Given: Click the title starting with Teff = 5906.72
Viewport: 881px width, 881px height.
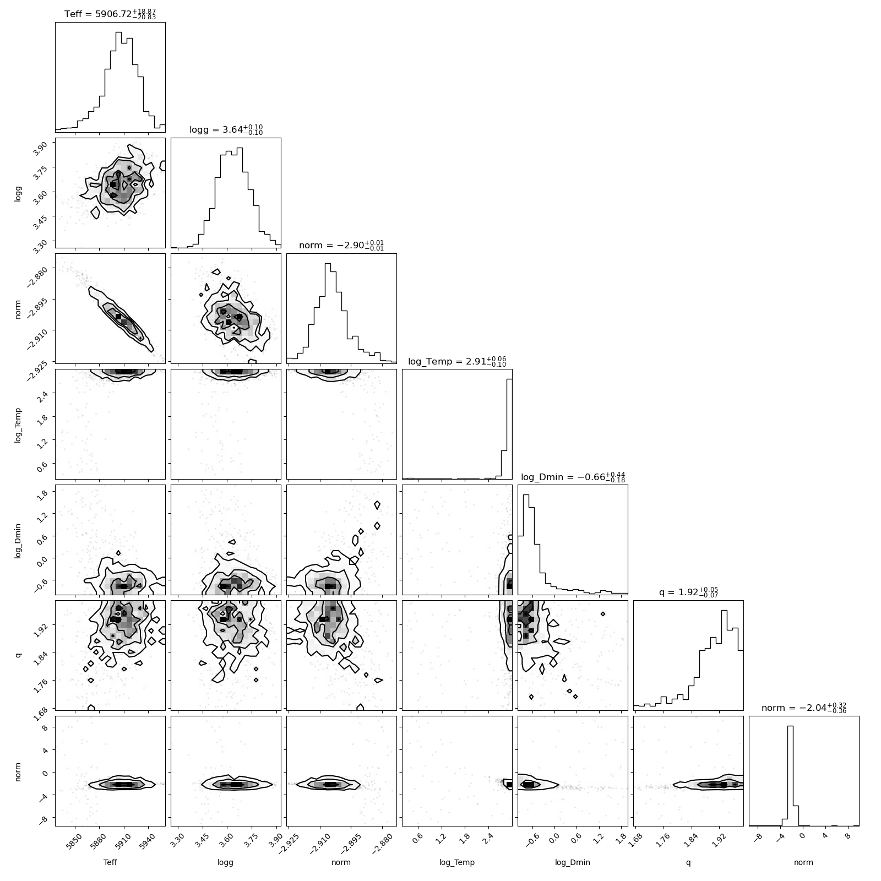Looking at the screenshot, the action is click(110, 14).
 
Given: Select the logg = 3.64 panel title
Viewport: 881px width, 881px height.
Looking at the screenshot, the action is click(226, 129).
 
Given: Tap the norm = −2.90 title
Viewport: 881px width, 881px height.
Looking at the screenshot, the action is click(341, 245).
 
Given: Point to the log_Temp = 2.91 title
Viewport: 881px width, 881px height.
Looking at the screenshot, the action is click(457, 361).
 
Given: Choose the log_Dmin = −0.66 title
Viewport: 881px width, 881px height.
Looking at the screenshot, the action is click(573, 476).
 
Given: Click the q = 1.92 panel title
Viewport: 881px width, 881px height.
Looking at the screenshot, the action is click(688, 592).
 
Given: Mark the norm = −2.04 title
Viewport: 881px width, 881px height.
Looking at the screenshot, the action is click(804, 708).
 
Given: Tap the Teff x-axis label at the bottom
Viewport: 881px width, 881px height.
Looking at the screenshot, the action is click(110, 862).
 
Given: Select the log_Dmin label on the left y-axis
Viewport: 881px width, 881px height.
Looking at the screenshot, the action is click(18, 540).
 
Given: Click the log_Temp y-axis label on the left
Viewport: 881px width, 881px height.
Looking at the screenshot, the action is click(18, 424).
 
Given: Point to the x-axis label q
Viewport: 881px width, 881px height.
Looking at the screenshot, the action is click(688, 863).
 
